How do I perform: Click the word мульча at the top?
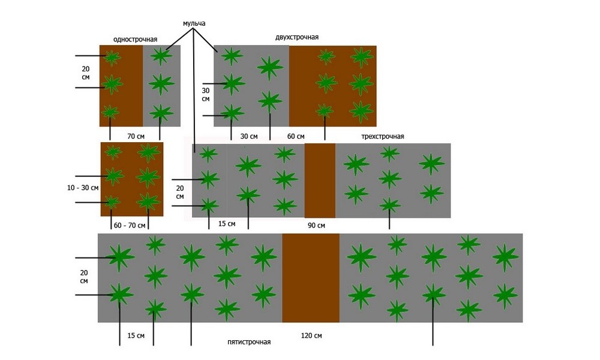[x=194, y=23]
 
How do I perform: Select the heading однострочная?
[x=135, y=39]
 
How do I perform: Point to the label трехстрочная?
[x=383, y=136]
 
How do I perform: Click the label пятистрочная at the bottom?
[x=249, y=342]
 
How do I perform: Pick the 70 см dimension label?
[x=136, y=136]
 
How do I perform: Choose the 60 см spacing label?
[x=296, y=136]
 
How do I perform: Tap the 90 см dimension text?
[x=316, y=225]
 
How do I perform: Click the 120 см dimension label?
[x=311, y=335]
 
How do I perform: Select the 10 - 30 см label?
[x=83, y=188]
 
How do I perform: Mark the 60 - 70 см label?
[x=130, y=225]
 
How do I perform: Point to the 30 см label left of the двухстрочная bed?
[x=205, y=95]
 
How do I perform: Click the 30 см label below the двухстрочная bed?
[x=249, y=136]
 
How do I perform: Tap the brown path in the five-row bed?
[x=311, y=278]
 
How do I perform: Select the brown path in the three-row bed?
[x=320, y=180]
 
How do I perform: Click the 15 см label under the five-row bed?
[x=136, y=335]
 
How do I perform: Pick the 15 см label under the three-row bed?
[x=227, y=224]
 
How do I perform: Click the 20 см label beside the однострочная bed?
[x=86, y=73]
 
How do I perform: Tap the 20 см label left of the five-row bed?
[x=83, y=277]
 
